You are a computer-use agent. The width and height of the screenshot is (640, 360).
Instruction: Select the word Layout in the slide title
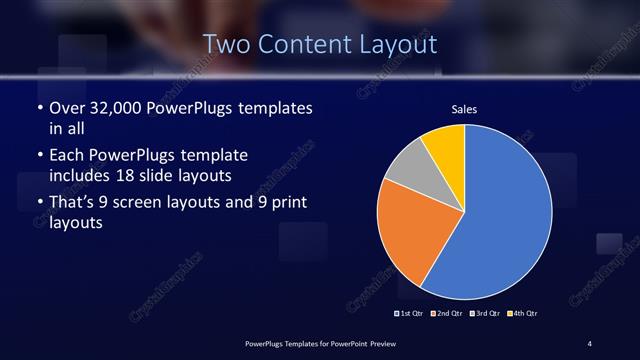point(399,44)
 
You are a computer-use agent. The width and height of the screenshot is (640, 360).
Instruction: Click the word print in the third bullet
point(282,204)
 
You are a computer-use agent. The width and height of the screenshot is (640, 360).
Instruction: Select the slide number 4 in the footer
point(591,343)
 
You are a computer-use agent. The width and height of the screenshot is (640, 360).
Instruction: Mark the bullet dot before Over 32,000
point(39,107)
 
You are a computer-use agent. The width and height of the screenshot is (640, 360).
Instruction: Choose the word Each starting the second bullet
point(66,156)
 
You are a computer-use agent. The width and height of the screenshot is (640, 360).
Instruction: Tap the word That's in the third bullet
point(72,204)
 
